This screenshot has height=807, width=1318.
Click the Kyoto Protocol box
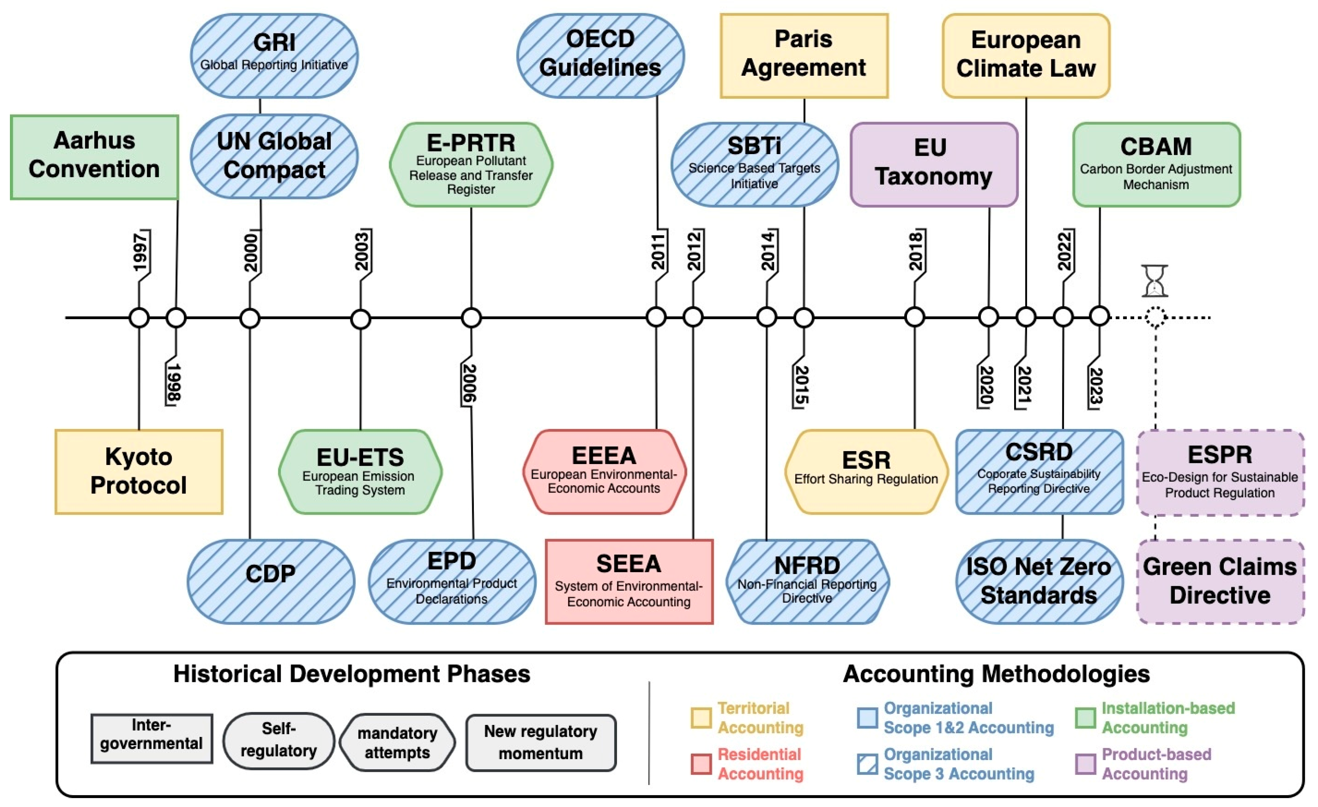pos(139,471)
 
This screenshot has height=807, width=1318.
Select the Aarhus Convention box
pos(94,157)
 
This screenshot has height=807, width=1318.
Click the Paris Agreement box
pos(803,55)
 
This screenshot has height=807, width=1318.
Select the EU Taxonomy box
pos(933,164)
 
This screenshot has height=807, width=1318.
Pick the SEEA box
pos(629,581)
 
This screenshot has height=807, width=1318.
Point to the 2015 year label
pos(801,385)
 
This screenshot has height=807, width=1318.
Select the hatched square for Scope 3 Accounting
pos(867,764)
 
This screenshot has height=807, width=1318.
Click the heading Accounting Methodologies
pos(996,674)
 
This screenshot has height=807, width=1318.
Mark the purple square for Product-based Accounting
pos(1085,764)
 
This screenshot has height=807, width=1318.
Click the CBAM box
pos(1156,164)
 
